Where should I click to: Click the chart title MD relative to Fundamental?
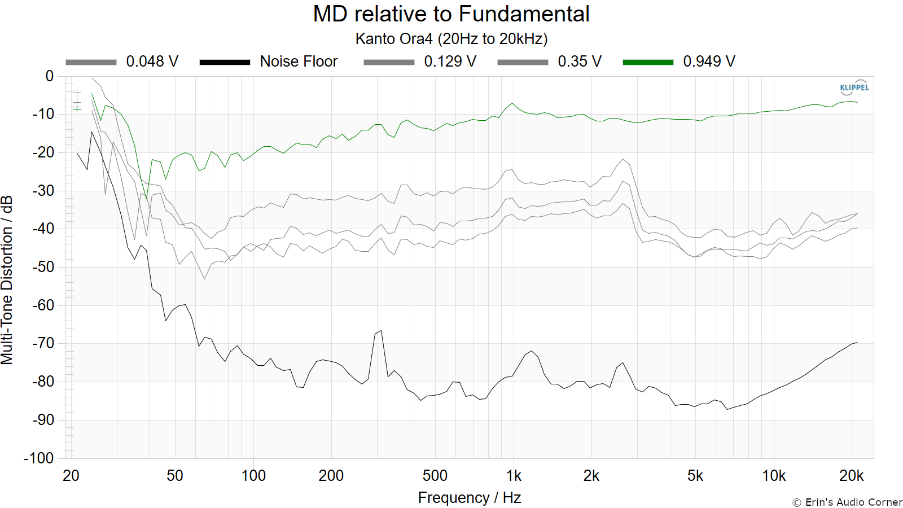[x=451, y=14]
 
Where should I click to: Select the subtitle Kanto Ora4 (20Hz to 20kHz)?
[x=451, y=39]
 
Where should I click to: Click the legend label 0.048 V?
[x=152, y=62]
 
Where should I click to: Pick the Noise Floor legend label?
[x=299, y=62]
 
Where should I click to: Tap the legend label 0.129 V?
[x=450, y=62]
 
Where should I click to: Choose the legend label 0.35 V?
[x=580, y=62]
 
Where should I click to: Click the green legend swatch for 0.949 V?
[x=648, y=62]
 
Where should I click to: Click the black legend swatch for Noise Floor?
[x=225, y=62]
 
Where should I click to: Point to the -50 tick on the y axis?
[x=43, y=267]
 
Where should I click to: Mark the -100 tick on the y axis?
[x=39, y=458]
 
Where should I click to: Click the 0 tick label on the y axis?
[x=50, y=76]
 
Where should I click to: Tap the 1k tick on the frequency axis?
[x=514, y=476]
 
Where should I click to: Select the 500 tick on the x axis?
[x=435, y=476]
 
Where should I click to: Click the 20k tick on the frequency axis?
[x=852, y=476]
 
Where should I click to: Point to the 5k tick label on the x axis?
[x=695, y=476]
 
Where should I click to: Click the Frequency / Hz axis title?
[x=470, y=498]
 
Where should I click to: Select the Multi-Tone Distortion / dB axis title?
[x=7, y=280]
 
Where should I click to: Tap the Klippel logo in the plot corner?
[x=854, y=87]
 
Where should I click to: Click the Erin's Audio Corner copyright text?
[x=847, y=502]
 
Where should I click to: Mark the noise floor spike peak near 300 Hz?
[x=381, y=331]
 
